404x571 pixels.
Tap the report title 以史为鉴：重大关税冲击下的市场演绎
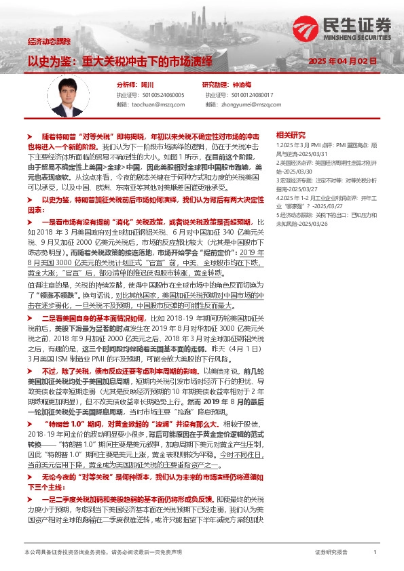(x=120, y=60)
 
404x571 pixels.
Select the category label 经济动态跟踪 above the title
(x=49, y=42)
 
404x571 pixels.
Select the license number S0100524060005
(x=160, y=95)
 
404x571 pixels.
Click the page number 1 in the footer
(x=375, y=553)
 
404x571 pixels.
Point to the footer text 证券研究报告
(x=331, y=553)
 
